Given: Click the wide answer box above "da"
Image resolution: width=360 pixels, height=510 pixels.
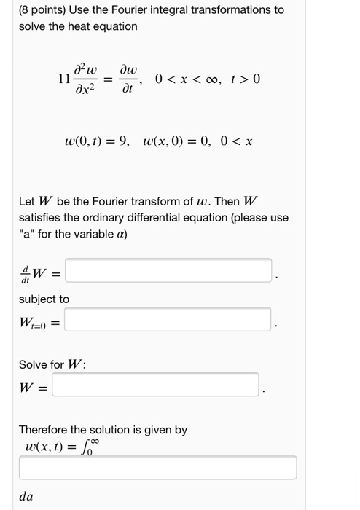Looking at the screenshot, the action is point(157,468).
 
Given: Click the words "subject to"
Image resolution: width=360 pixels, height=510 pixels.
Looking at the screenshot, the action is point(44,299).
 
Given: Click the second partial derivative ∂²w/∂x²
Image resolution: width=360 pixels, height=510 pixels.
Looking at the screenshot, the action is point(91,79).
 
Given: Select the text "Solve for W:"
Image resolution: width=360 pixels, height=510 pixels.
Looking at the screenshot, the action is point(51,364).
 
